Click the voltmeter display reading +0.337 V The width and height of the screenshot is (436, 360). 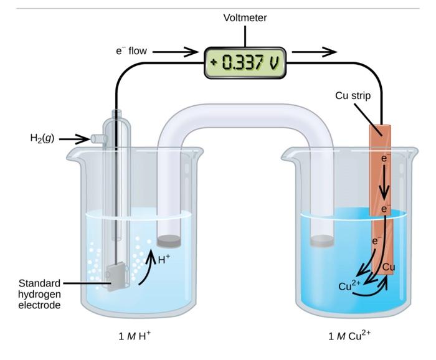point(245,63)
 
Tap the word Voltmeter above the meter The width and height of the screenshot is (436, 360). point(245,18)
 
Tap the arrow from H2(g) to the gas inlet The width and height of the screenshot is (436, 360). point(75,138)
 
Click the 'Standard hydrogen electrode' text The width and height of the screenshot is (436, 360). point(39,293)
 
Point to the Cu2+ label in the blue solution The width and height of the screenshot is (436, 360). point(349,286)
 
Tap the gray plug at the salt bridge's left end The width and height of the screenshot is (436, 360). point(169,240)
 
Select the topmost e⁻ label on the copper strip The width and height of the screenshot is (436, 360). point(386,159)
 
